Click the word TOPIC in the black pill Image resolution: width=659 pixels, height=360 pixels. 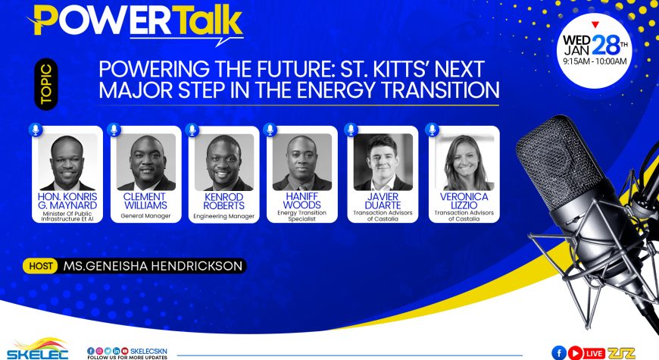[45, 84]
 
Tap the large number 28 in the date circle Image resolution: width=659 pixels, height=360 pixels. [606, 45]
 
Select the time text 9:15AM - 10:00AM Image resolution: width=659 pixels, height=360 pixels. [595, 61]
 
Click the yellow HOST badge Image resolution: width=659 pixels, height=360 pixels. [40, 266]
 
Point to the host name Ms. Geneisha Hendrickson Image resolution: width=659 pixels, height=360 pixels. [153, 266]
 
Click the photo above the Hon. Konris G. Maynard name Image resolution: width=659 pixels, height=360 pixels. [67, 162]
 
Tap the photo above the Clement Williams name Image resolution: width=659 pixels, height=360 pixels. [146, 162]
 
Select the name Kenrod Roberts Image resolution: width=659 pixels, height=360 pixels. [223, 201]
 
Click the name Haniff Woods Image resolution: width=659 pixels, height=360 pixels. [301, 201]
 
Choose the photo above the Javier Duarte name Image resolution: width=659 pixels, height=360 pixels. [383, 162]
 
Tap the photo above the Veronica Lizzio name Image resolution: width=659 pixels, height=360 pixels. [464, 162]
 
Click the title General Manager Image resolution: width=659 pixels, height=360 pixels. [146, 216]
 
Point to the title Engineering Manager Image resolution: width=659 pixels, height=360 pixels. [224, 216]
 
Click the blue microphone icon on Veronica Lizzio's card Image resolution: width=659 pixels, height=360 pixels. [432, 130]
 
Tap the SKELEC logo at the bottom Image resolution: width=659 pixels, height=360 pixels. [37, 349]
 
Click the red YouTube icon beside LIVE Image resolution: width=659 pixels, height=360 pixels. [575, 353]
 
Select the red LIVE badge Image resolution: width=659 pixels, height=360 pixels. [594, 353]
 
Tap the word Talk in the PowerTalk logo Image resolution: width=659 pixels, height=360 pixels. [208, 21]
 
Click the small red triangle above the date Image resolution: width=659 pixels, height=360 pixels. [595, 25]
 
